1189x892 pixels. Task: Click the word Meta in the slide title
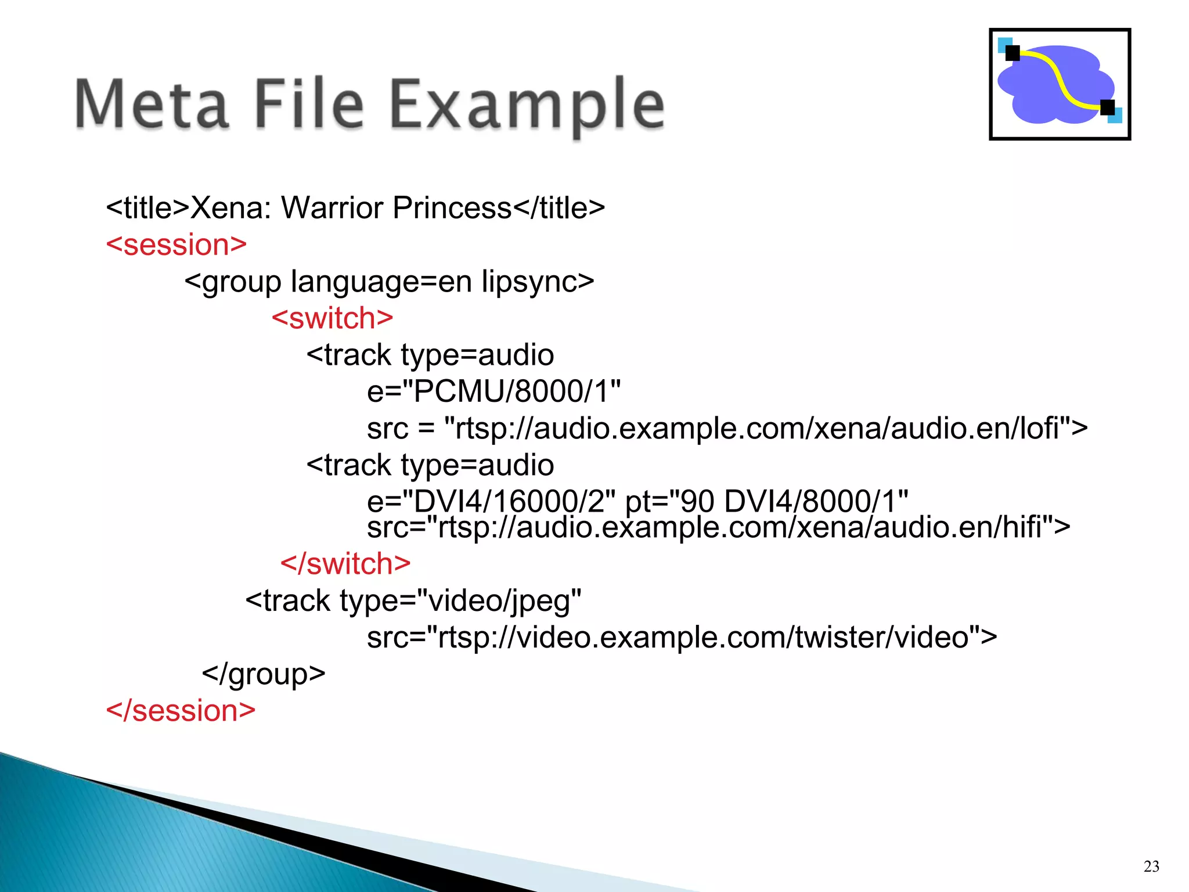click(x=152, y=105)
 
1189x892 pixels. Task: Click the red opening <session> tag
click(x=176, y=245)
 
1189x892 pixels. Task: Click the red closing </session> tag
click(x=181, y=711)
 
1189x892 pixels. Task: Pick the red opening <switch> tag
click(x=333, y=318)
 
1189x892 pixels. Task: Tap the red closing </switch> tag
click(x=345, y=564)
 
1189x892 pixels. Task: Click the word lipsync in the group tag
click(x=529, y=282)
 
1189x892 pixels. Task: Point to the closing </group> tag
click(x=264, y=674)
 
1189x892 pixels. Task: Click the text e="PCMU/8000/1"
click(x=493, y=391)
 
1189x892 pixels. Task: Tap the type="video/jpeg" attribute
click(x=461, y=601)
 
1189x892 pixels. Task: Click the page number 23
click(x=1151, y=866)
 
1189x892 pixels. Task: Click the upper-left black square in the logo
click(x=1013, y=53)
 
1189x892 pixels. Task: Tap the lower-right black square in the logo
click(x=1107, y=107)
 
